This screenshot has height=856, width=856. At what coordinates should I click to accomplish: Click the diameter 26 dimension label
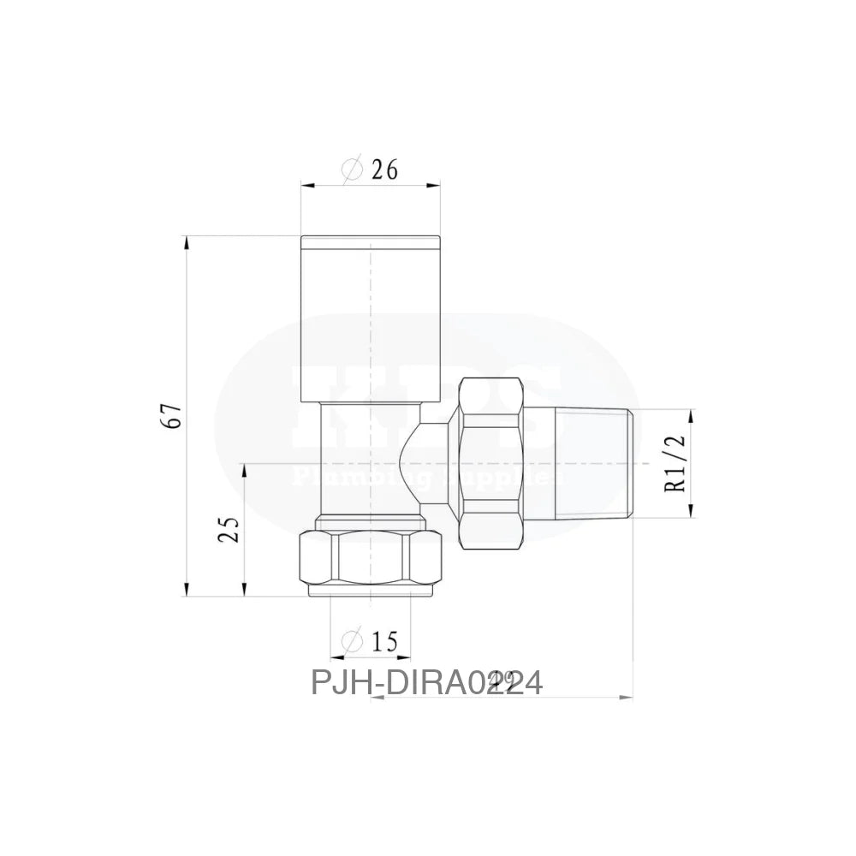coord(370,170)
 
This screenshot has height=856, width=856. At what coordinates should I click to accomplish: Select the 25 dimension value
coord(229,530)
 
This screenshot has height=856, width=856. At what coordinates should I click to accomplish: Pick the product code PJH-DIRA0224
coord(426,683)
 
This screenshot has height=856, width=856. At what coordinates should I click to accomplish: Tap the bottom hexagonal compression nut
coord(370,562)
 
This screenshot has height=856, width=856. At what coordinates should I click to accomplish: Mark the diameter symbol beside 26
coord(353,170)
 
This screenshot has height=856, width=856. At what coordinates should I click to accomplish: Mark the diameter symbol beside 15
coord(351,639)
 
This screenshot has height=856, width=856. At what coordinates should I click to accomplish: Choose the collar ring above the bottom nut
coord(370,521)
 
